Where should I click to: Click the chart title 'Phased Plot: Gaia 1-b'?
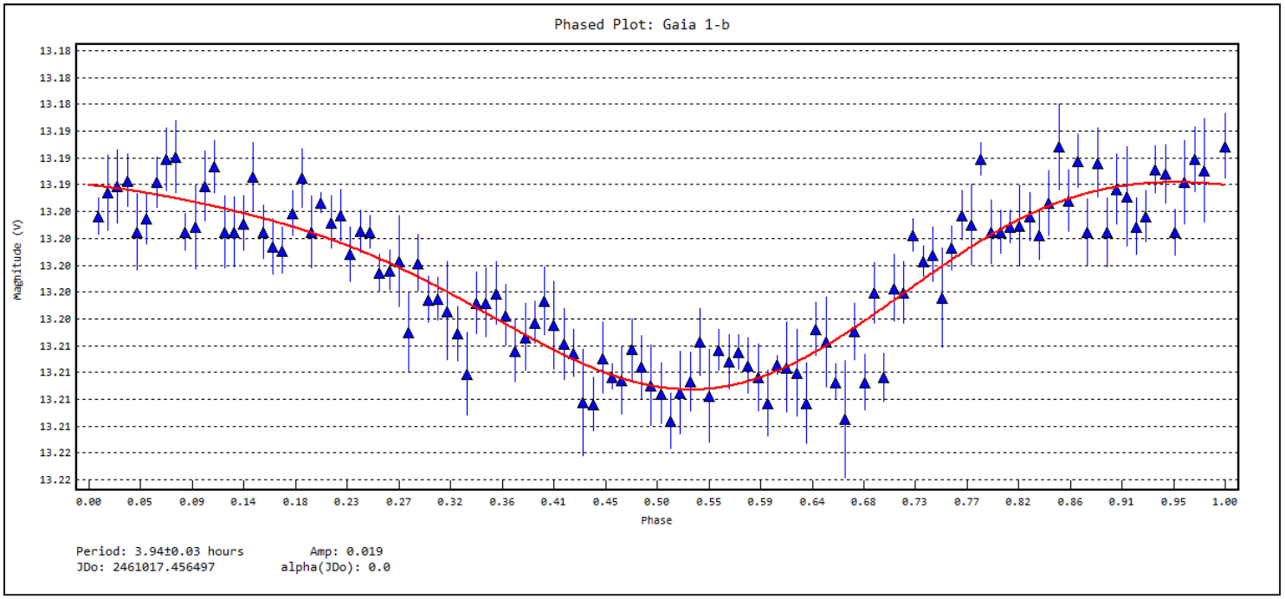[x=642, y=24]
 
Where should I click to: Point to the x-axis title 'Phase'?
[x=656, y=520]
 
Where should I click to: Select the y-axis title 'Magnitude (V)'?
[x=17, y=260]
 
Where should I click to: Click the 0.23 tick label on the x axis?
[x=346, y=502]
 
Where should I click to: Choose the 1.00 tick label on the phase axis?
[x=1224, y=502]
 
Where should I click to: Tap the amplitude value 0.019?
[x=365, y=551]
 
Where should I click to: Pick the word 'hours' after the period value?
[x=225, y=551]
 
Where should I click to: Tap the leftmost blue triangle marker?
[x=98, y=216]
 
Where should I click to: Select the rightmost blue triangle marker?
[x=1224, y=147]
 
